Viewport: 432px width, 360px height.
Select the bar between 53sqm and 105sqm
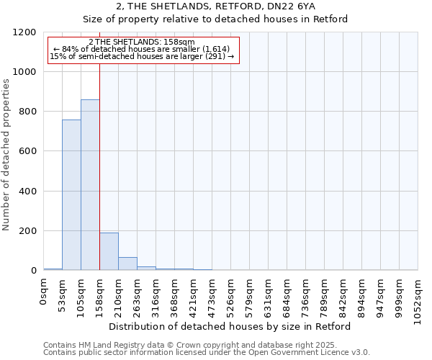[x=71, y=195]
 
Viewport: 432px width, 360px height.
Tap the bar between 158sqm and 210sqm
[x=109, y=251]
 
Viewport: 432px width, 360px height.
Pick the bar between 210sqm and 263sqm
[x=127, y=264]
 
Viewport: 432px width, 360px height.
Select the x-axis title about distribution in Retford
[x=231, y=326]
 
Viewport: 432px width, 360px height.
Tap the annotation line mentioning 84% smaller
[x=141, y=49]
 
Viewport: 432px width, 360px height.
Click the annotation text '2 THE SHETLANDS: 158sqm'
[x=141, y=42]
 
